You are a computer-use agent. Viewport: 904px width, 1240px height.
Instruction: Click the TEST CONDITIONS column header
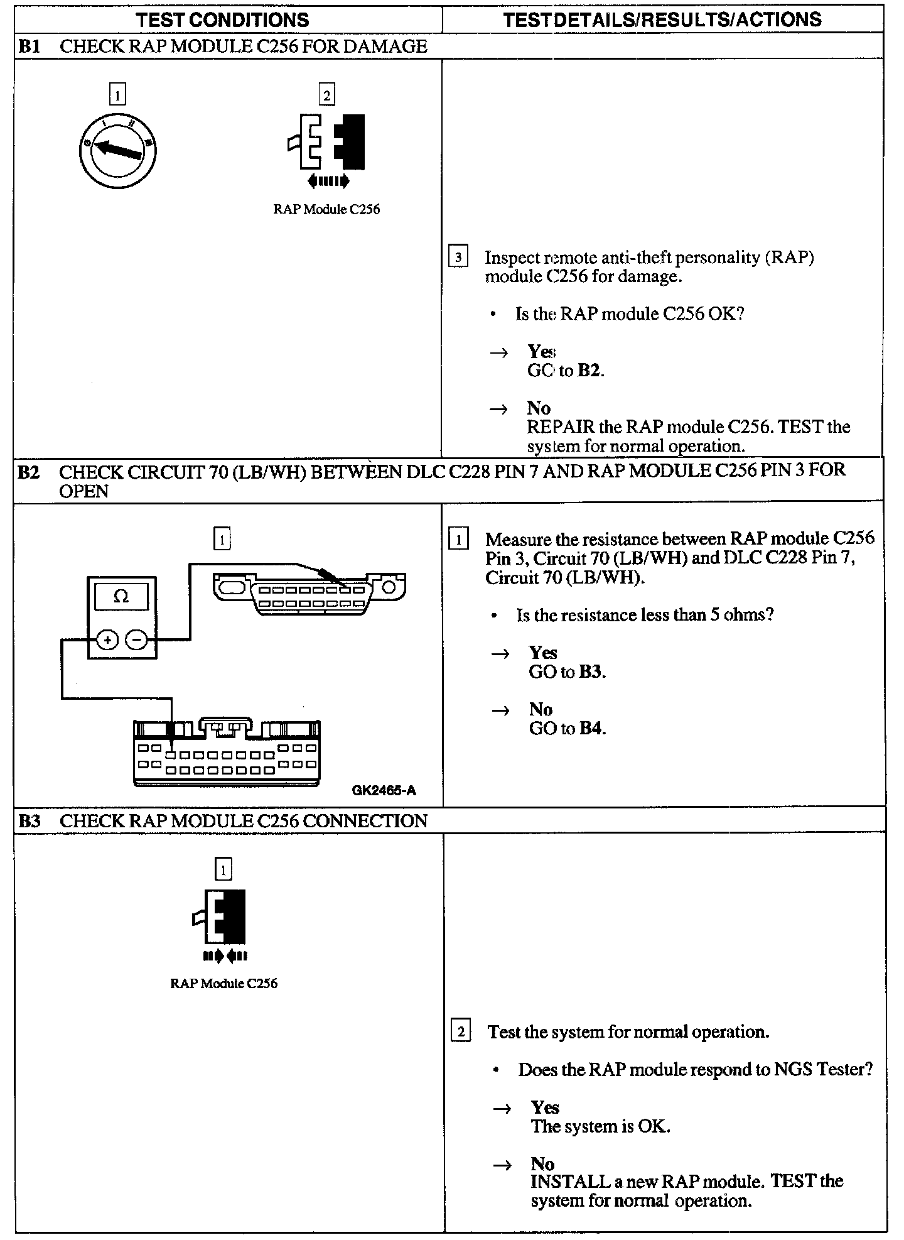(223, 19)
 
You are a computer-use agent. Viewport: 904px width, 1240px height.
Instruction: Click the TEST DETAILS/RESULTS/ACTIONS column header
(662, 19)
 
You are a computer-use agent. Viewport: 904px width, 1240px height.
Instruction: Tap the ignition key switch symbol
(117, 150)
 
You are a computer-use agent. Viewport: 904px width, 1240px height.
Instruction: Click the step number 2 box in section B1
(326, 95)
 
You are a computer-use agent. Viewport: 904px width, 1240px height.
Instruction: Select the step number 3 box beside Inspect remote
(458, 258)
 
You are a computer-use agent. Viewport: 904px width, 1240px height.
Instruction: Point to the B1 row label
(30, 46)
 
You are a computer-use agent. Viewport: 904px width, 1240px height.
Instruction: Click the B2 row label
(30, 471)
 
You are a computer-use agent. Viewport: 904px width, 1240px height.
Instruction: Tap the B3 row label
(30, 821)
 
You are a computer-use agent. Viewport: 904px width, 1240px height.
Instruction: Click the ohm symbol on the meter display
(121, 597)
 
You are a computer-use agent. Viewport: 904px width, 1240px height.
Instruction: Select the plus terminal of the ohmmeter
(107, 640)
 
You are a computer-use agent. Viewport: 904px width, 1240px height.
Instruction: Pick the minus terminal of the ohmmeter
(136, 640)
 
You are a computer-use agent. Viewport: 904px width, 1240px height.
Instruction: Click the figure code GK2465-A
(384, 790)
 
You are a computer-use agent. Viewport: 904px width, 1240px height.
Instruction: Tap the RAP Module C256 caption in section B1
(326, 210)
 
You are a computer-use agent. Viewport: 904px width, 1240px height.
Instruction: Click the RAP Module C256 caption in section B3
(223, 984)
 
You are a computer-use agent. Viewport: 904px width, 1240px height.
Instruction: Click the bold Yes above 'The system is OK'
(545, 1107)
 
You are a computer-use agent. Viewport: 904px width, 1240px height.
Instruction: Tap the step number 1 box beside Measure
(459, 540)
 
